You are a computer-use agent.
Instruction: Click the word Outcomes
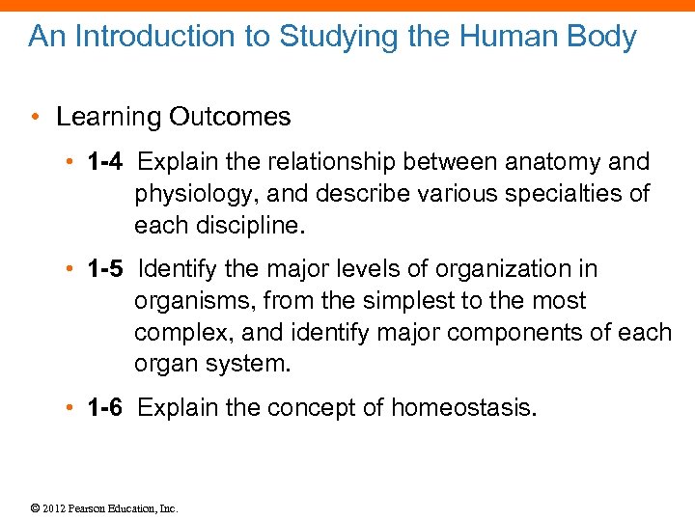tap(229, 117)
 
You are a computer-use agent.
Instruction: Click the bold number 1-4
tap(104, 161)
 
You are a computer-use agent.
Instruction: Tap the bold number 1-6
tap(104, 407)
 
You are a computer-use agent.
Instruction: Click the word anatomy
tap(538, 161)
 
